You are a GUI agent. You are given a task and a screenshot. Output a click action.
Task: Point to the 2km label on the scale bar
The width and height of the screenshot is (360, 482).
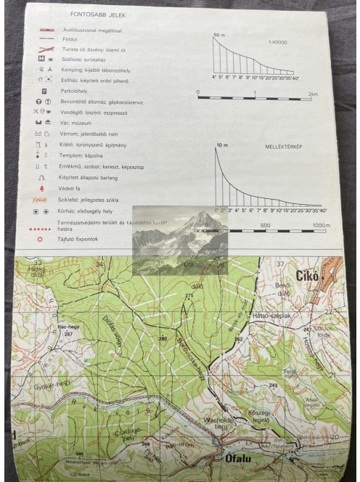coord(313,94)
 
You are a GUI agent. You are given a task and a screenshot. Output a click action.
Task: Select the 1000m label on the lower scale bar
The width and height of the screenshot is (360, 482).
coord(320,226)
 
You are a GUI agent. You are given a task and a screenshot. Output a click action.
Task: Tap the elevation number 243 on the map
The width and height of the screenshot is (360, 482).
coord(273,384)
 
